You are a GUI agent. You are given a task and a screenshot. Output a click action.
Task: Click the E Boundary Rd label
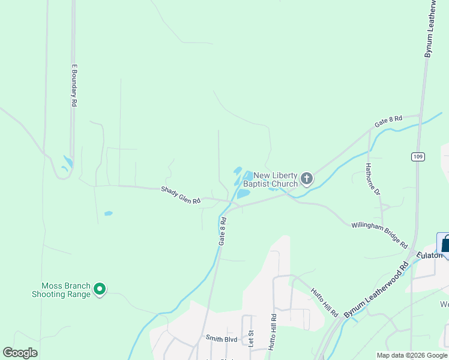[x=75, y=85]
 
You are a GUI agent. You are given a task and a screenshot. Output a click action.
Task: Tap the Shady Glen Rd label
[x=180, y=195]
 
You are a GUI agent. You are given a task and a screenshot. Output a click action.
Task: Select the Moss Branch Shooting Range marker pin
[x=100, y=290]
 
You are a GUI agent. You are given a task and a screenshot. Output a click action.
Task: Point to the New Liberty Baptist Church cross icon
[x=307, y=178]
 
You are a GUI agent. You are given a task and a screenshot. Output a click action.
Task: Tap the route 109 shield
[x=418, y=157]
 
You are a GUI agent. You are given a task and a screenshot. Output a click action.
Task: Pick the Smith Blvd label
[x=221, y=339]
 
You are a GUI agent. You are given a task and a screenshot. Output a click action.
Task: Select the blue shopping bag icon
[x=445, y=244]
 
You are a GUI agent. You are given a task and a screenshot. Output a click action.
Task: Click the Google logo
[x=20, y=353]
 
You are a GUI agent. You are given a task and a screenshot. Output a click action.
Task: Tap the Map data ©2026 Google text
[x=412, y=355]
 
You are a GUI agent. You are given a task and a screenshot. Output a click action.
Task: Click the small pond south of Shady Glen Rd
[x=108, y=213]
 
